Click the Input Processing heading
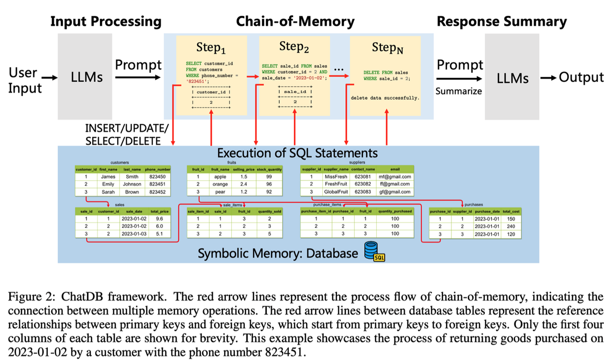point(106,22)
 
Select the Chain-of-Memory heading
point(295,22)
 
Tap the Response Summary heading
point(502,22)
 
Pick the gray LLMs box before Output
point(512,76)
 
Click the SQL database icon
point(374,251)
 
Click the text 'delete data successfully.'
point(385,98)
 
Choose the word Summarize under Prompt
point(459,90)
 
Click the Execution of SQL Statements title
point(297,153)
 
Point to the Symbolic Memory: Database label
point(277,253)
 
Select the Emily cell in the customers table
point(109,184)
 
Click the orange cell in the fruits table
point(220,184)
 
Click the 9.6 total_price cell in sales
point(160,218)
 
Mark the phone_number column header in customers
point(158,169)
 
